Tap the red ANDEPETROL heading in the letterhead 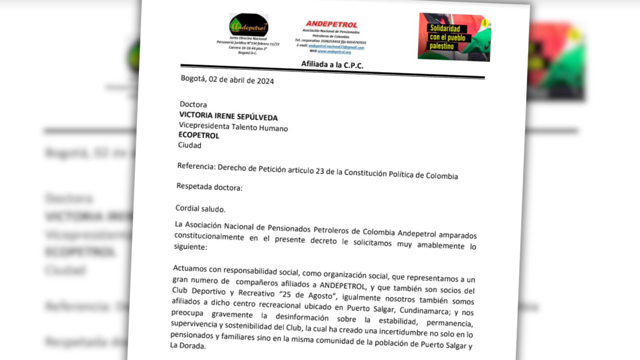tap(331, 24)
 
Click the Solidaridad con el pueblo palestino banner tap(454, 37)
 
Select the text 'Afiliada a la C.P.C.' tap(332, 65)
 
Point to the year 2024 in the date tap(265, 81)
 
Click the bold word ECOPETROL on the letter tap(199, 136)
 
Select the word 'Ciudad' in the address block tap(189, 145)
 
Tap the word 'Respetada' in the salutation tap(192, 187)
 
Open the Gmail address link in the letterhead tap(336, 47)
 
